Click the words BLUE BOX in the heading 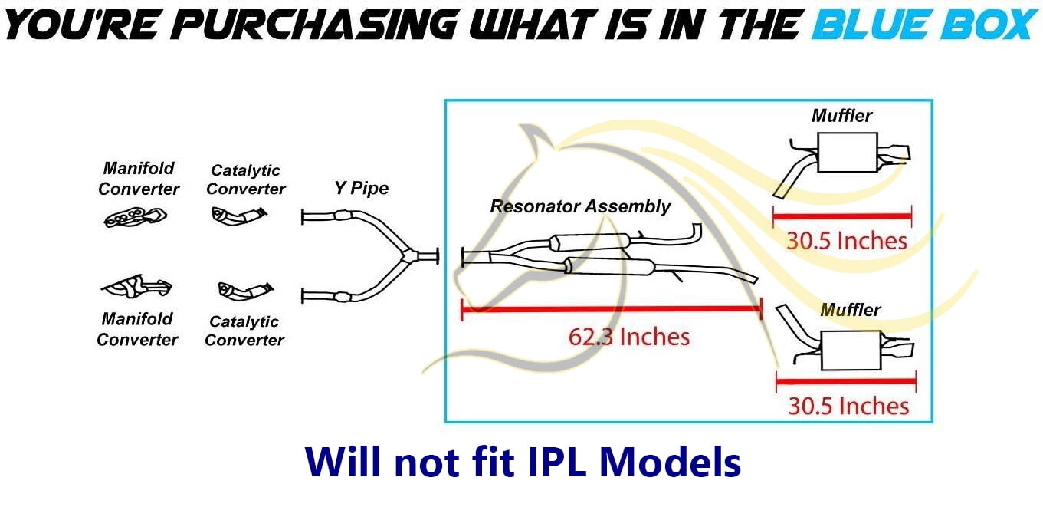[925, 25]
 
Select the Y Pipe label [361, 188]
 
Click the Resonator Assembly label [580, 206]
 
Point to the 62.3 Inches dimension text [629, 337]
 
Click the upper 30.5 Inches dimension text [847, 241]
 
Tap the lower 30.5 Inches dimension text [848, 406]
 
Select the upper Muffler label [842, 116]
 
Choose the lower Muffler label [850, 310]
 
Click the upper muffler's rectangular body [848, 153]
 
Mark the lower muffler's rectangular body [851, 351]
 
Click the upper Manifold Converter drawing [135, 217]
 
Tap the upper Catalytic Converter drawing [239, 216]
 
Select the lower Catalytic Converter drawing [245, 290]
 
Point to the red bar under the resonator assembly [612, 309]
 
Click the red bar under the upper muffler [842, 216]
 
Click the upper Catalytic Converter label [246, 180]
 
